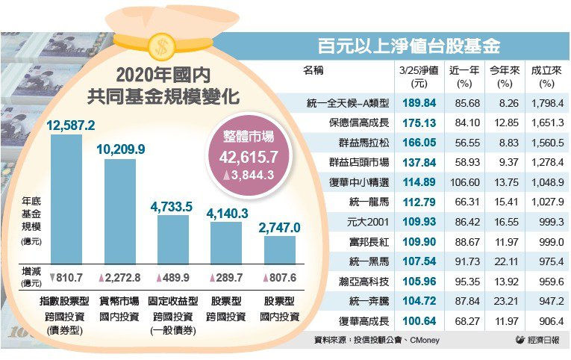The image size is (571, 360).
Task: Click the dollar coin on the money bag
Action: click(158, 46)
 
